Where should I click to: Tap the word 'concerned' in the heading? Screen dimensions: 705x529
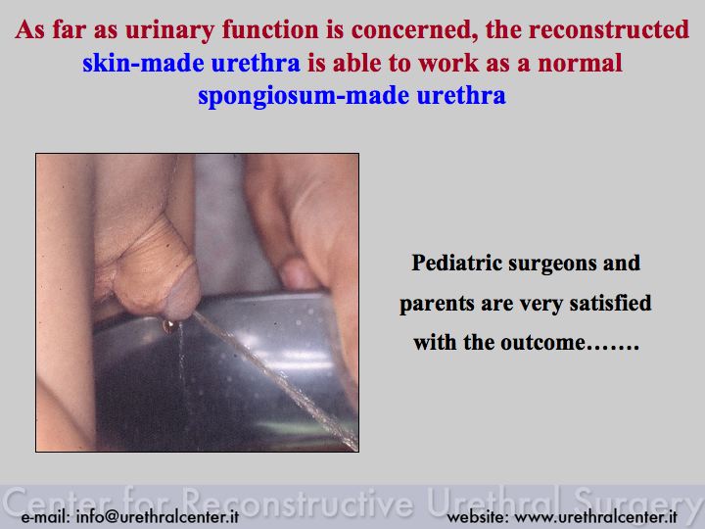click(x=413, y=30)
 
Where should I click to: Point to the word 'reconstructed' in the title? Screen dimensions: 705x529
click(x=609, y=29)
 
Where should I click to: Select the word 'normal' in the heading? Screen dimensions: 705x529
click(x=580, y=63)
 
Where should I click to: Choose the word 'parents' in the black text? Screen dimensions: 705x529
click(x=437, y=304)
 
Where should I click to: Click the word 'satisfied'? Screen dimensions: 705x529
click(x=610, y=303)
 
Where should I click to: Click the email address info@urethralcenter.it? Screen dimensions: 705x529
click(x=158, y=516)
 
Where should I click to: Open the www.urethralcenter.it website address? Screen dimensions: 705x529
click(x=595, y=517)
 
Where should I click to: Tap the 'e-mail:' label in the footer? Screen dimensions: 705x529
click(x=45, y=517)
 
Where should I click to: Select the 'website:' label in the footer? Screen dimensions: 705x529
click(x=478, y=517)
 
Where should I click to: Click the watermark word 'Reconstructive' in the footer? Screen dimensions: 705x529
click(x=299, y=502)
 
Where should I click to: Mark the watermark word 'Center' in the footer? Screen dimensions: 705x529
click(x=59, y=502)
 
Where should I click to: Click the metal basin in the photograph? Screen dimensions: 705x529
click(x=225, y=373)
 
